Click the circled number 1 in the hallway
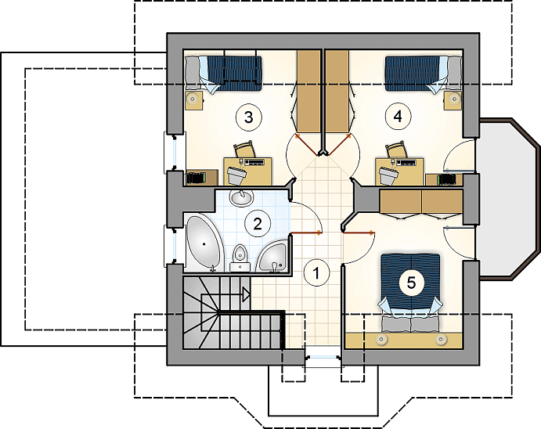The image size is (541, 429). tap(316, 273)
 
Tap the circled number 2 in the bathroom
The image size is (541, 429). tap(258, 224)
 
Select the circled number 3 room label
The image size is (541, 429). tap(248, 117)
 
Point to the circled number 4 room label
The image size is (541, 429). tap(398, 117)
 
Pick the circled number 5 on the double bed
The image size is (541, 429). tap(411, 283)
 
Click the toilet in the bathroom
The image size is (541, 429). tap(240, 258)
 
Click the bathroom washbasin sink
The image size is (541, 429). tap(241, 197)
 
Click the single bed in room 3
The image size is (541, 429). tap(224, 74)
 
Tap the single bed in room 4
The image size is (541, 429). tap(423, 74)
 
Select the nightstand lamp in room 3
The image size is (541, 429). tap(192, 99)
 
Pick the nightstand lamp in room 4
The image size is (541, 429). tap(454, 99)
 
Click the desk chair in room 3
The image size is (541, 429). tap(244, 149)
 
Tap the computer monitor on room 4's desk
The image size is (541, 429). tap(388, 175)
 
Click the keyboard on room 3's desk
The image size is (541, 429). tap(254, 161)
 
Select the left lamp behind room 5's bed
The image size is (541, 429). tap(381, 339)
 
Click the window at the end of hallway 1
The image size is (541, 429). tap(323, 358)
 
